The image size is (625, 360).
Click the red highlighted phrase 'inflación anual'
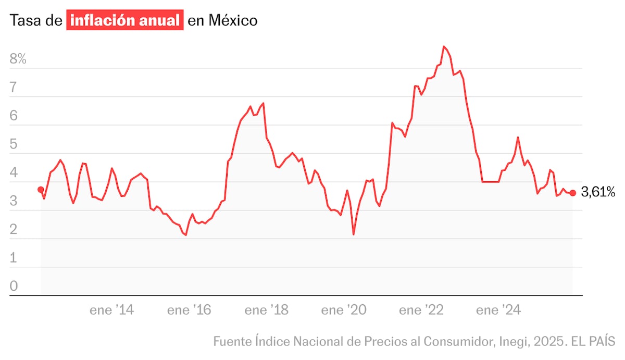125,21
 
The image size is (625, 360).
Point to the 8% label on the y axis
18,59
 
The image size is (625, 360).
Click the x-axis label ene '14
111,311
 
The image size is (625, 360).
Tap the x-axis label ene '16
189,311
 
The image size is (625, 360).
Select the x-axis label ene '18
266,311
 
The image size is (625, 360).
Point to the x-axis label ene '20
343,311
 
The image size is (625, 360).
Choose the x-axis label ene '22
421,311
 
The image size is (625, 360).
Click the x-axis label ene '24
498,311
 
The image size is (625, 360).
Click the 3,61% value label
598,193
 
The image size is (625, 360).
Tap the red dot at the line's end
573,193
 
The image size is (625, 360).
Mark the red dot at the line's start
41,190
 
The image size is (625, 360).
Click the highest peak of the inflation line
444,46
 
